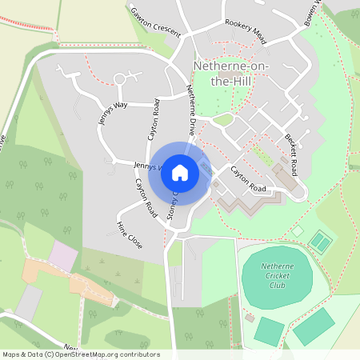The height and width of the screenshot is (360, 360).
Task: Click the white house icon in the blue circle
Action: point(180,172)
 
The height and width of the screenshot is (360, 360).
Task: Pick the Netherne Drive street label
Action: point(193,109)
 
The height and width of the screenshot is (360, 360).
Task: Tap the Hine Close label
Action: point(130,234)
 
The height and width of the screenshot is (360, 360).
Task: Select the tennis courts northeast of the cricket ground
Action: point(321,240)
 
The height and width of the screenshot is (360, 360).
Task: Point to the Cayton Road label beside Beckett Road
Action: point(248,178)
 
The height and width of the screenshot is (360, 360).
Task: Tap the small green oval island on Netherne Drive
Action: point(223,120)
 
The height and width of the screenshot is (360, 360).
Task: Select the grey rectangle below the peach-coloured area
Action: point(29,302)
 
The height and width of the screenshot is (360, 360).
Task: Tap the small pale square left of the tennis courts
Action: point(298,230)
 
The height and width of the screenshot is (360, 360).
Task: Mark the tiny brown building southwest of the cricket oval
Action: point(250,318)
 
